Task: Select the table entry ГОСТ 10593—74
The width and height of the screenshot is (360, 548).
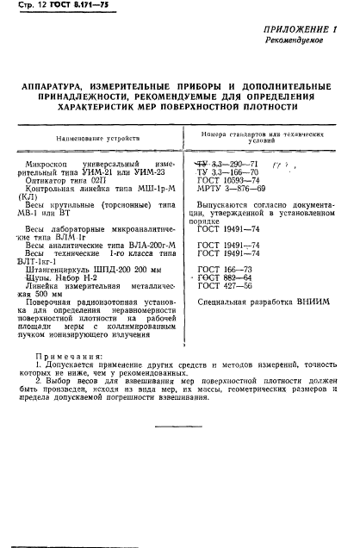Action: (x=228, y=181)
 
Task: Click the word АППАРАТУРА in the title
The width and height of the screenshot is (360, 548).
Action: (x=59, y=86)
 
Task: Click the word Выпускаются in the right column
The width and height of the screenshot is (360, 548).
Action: (x=236, y=204)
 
